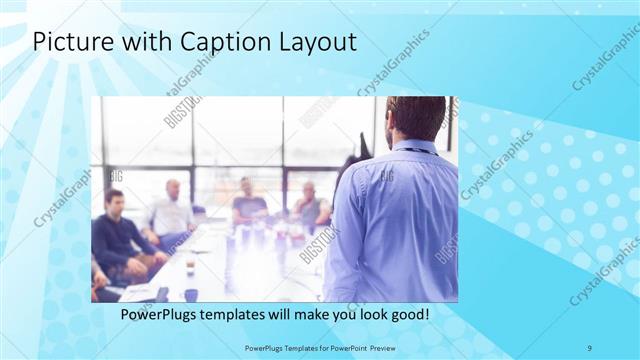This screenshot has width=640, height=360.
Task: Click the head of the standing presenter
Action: coord(413,117)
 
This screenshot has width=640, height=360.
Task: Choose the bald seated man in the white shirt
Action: coord(171,212)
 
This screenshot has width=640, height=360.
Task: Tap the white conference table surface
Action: coord(220,265)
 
